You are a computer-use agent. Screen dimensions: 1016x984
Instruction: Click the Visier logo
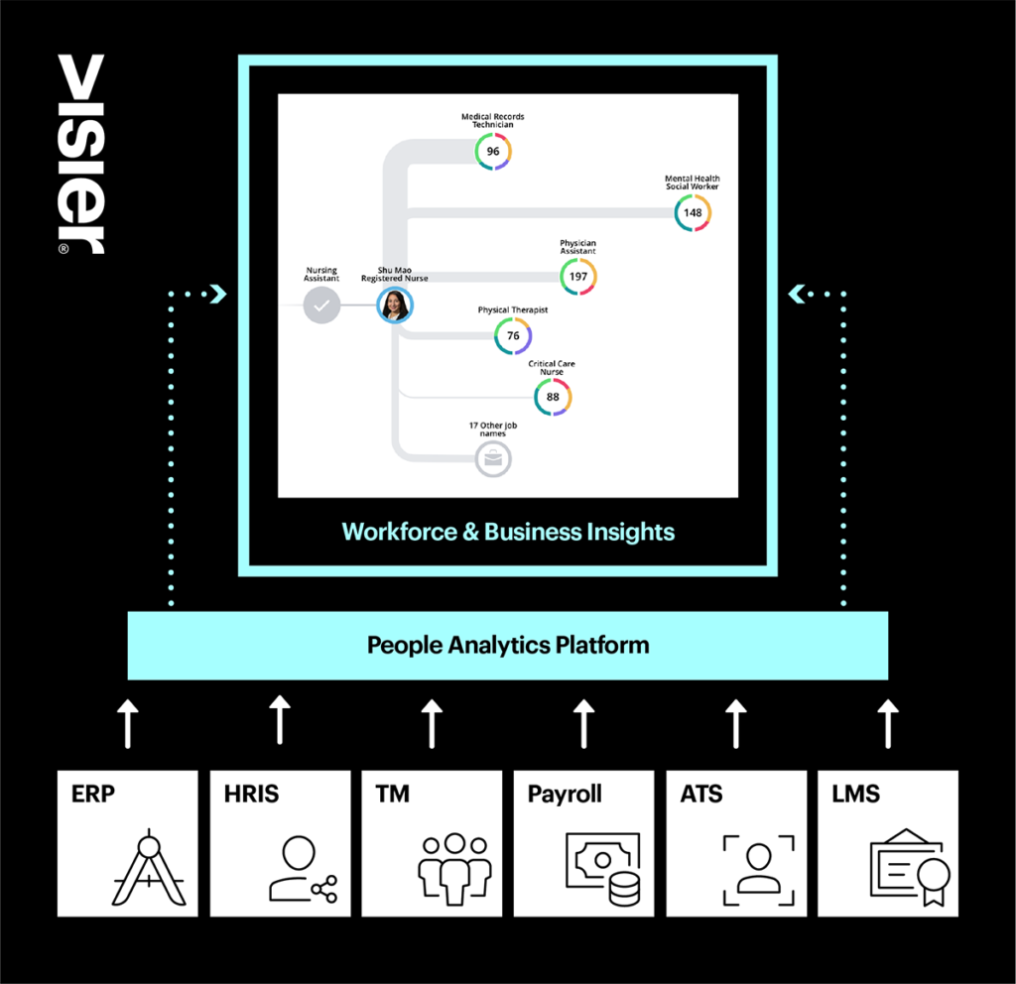[81, 154]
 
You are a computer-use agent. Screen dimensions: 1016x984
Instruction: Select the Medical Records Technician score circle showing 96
[493, 152]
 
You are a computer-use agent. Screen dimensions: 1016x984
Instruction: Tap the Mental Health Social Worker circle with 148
[693, 213]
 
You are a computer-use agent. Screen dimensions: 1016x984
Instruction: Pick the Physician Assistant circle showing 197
[578, 277]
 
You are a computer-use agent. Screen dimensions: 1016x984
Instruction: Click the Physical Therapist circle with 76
[513, 335]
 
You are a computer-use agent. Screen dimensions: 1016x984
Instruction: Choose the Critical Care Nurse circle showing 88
[553, 397]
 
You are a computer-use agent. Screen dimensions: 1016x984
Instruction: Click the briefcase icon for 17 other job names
[494, 459]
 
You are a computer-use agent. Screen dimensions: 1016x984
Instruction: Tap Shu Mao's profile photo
[395, 306]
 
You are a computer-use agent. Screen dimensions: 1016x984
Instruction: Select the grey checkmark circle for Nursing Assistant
[322, 306]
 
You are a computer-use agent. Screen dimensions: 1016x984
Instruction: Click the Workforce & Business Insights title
[508, 532]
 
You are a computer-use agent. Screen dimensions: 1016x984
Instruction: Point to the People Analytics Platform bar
[508, 645]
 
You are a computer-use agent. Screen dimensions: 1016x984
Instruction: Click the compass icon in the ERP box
[149, 867]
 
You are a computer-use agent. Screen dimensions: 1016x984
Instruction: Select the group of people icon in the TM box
[454, 869]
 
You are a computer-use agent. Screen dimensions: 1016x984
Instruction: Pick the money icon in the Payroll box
[603, 869]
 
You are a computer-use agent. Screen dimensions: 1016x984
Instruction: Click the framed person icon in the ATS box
[759, 870]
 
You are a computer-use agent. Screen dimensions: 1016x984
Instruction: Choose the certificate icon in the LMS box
[911, 867]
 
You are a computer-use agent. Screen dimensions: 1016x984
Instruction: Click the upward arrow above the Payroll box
[583, 723]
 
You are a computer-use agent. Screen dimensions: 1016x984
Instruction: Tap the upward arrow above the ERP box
[128, 723]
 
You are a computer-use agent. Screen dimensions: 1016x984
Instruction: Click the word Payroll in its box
[565, 795]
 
